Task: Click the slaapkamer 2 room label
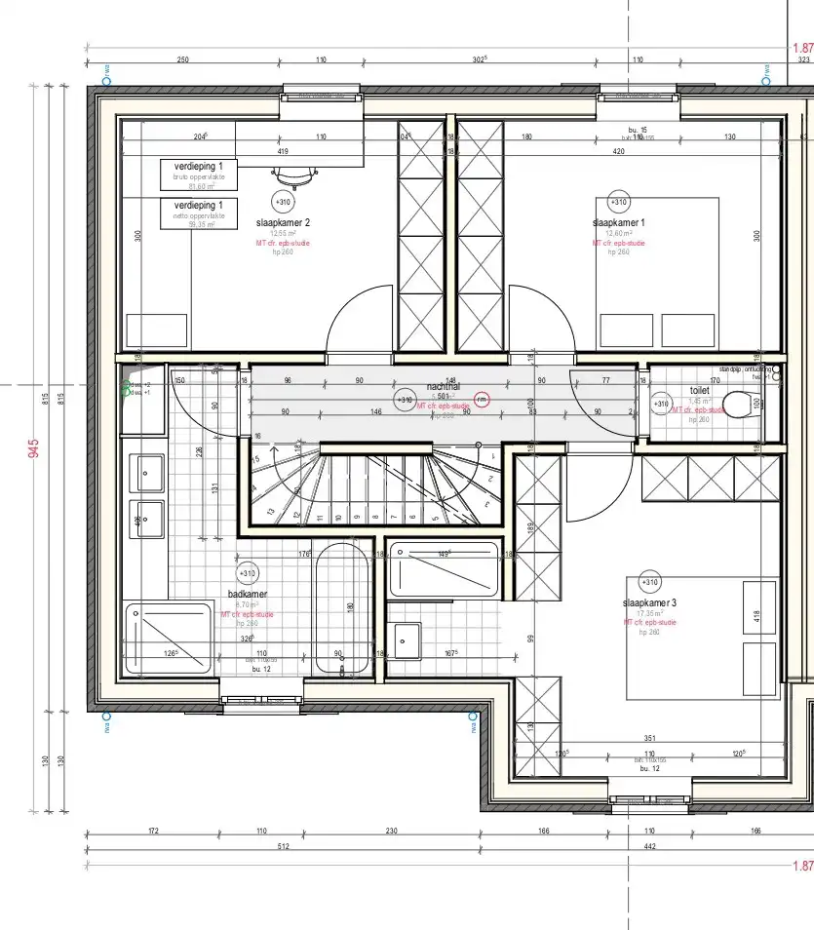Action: pyautogui.click(x=283, y=222)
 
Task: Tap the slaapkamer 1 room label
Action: pyautogui.click(x=618, y=222)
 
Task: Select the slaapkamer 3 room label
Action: pyautogui.click(x=650, y=603)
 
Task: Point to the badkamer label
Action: pyautogui.click(x=248, y=594)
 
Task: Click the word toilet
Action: pyautogui.click(x=699, y=389)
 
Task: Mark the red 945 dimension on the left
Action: pyautogui.click(x=34, y=447)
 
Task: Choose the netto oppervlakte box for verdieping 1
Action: pyautogui.click(x=199, y=212)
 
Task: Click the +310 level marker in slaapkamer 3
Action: pyautogui.click(x=650, y=583)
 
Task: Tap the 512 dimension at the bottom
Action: pyautogui.click(x=283, y=846)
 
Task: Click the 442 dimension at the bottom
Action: pyautogui.click(x=650, y=846)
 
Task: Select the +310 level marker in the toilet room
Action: pyautogui.click(x=661, y=404)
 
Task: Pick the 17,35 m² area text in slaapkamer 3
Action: pyautogui.click(x=649, y=613)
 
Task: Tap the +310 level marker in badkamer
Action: pyautogui.click(x=248, y=573)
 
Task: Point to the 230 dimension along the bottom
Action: pyautogui.click(x=391, y=832)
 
